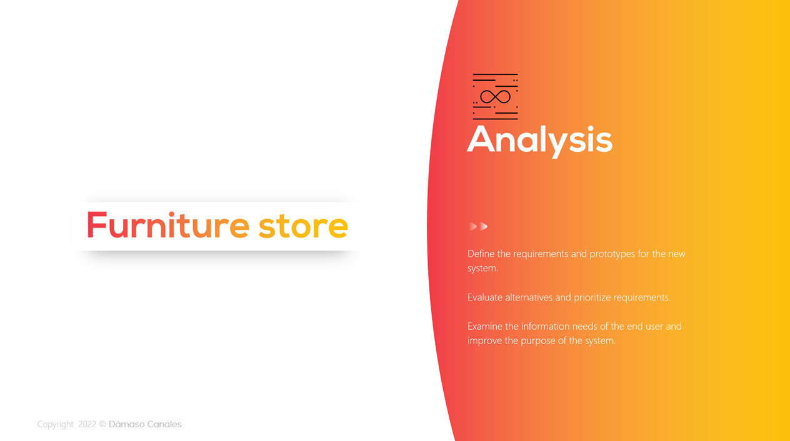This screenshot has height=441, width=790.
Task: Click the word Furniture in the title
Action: pyautogui.click(x=168, y=225)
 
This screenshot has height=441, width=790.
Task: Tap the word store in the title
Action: pyautogui.click(x=303, y=226)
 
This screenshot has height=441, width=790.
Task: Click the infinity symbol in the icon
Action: pyautogui.click(x=495, y=97)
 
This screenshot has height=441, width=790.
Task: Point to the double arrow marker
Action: pyautogui.click(x=478, y=226)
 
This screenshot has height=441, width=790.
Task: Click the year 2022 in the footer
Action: pyautogui.click(x=87, y=424)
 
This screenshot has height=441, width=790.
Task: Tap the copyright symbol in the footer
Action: pyautogui.click(x=102, y=424)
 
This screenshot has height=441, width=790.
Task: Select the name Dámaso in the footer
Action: pyautogui.click(x=126, y=424)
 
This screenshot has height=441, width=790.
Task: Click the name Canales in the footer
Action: pyautogui.click(x=164, y=424)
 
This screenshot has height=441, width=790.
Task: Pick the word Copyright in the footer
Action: pyautogui.click(x=56, y=424)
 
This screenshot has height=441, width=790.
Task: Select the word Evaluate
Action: pyautogui.click(x=485, y=297)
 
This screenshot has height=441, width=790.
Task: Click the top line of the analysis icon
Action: pyautogui.click(x=495, y=75)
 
